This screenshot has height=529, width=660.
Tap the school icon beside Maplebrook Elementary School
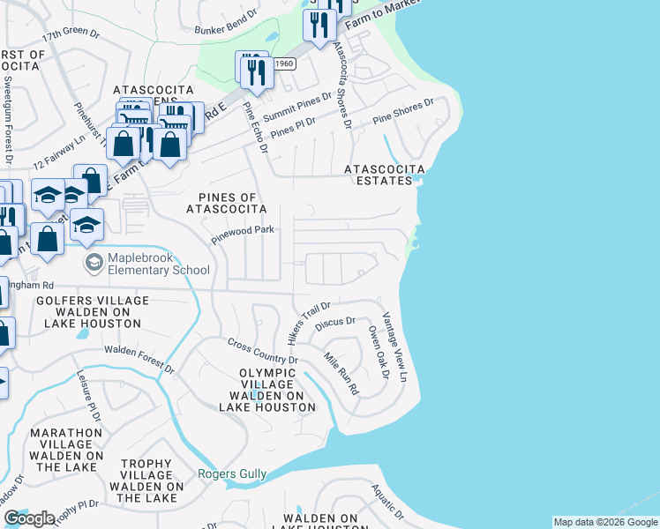pyautogui.click(x=93, y=263)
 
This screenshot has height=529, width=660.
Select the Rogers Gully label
pyautogui.click(x=232, y=474)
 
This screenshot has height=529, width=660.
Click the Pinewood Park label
pyautogui.click(x=243, y=230)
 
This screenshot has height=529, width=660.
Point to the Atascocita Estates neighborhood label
pyautogui.click(x=384, y=174)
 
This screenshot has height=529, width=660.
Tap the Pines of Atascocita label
pyautogui.click(x=226, y=203)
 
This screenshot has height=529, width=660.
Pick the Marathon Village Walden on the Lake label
pyautogui.click(x=67, y=450)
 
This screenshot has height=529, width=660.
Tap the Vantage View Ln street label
pyautogui.click(x=394, y=346)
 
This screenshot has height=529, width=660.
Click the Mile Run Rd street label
pyautogui.click(x=341, y=374)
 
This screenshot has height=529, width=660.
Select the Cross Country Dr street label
pyautogui.click(x=263, y=352)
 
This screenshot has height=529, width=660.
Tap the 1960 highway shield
pyautogui.click(x=283, y=63)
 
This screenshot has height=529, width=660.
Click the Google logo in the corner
pyautogui.click(x=30, y=518)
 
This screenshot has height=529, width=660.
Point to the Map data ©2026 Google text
pyautogui.click(x=604, y=522)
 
